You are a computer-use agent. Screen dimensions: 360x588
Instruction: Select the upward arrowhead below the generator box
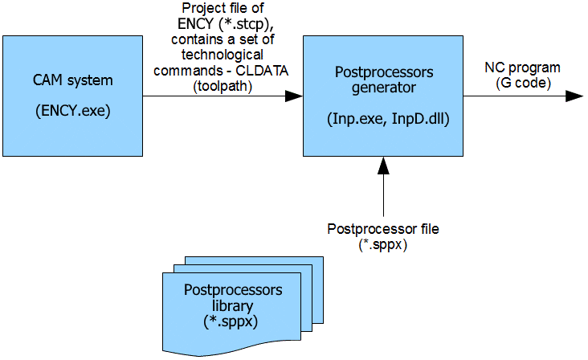pos(383,165)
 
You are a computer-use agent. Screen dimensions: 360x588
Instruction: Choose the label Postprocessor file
pos(383,230)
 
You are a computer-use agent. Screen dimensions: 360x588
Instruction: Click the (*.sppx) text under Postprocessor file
pos(383,243)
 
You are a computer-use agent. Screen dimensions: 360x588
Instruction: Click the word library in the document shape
pos(233,306)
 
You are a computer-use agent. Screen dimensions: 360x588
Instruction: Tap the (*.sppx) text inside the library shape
pos(233,320)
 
